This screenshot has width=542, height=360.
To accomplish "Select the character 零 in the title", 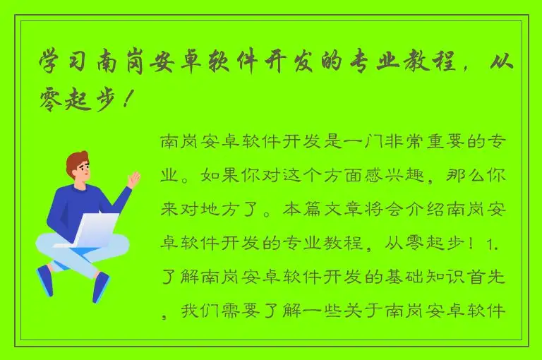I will pos(56,100).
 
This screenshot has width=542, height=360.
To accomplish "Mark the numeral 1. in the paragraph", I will pos(495,244).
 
